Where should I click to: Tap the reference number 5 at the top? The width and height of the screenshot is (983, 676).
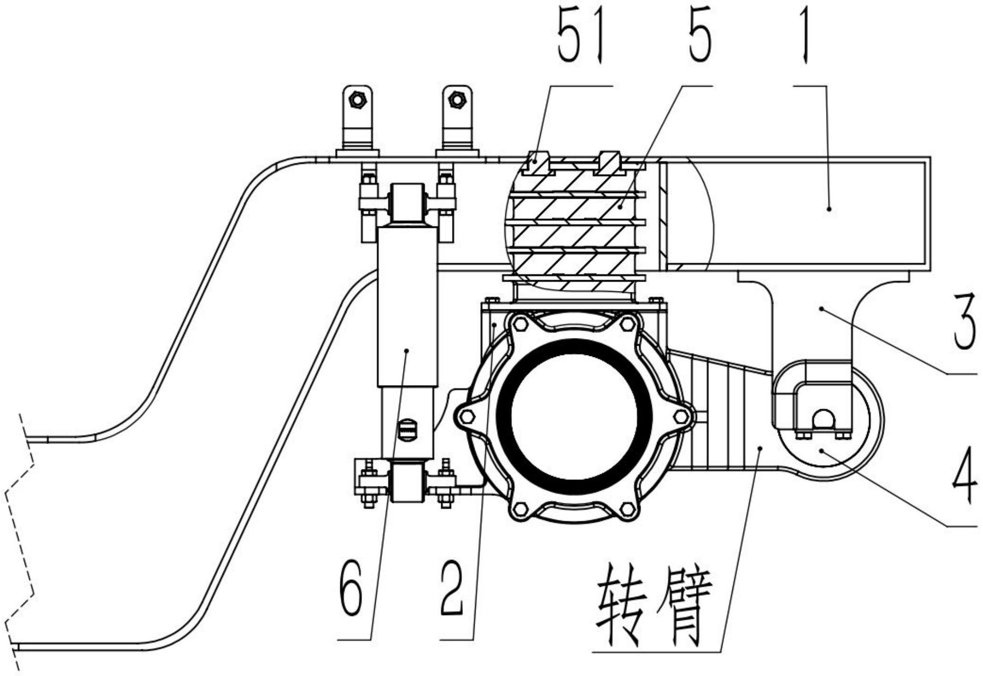pyautogui.click(x=700, y=41)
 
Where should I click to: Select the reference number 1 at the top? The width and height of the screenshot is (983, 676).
pyautogui.click(x=806, y=41)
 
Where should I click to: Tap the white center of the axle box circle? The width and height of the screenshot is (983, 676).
pyautogui.click(x=575, y=415)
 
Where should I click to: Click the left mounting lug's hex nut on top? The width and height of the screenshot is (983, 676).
pyautogui.click(x=357, y=99)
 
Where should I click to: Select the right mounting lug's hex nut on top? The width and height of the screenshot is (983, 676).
pyautogui.click(x=456, y=99)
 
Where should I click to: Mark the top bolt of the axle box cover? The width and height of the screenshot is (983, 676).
pyautogui.click(x=521, y=324)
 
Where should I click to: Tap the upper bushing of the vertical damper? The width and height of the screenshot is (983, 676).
pyautogui.click(x=407, y=203)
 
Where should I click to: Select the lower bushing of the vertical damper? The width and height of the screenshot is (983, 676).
pyautogui.click(x=407, y=481)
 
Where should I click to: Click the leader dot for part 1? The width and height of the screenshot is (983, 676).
pyautogui.click(x=829, y=208)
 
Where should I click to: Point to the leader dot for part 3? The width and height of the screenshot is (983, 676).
pyautogui.click(x=821, y=308)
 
